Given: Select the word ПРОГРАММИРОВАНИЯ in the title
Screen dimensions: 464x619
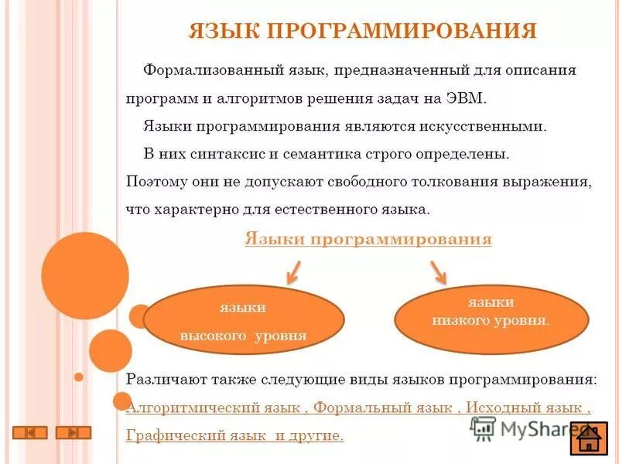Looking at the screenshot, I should (402, 31).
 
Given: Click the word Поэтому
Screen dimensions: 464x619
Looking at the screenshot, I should (152, 182).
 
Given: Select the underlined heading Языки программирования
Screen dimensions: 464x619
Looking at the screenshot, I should (368, 239).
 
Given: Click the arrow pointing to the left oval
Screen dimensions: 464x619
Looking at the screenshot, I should (293, 271).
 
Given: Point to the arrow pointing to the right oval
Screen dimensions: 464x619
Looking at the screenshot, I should (439, 271).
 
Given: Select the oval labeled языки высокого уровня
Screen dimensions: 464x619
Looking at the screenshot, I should (244, 322).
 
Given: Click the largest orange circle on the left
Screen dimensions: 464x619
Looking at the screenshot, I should (84, 275).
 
